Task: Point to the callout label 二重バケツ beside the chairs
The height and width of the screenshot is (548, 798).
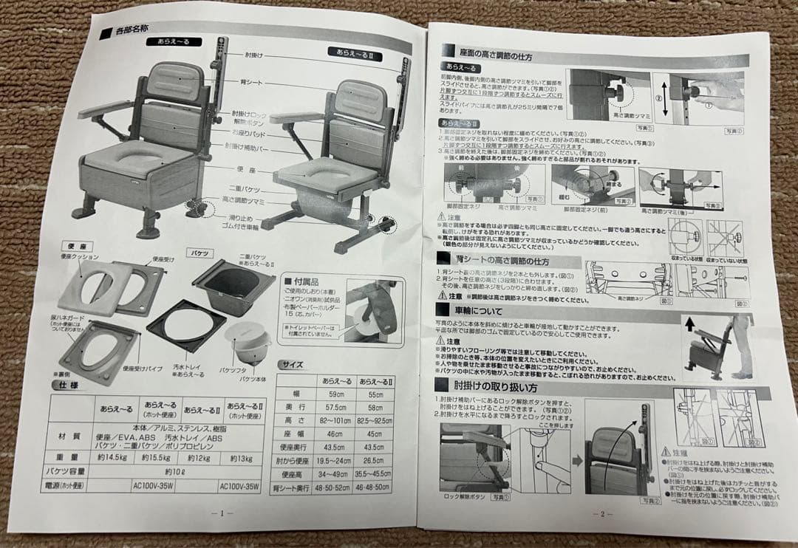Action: (241, 189)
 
